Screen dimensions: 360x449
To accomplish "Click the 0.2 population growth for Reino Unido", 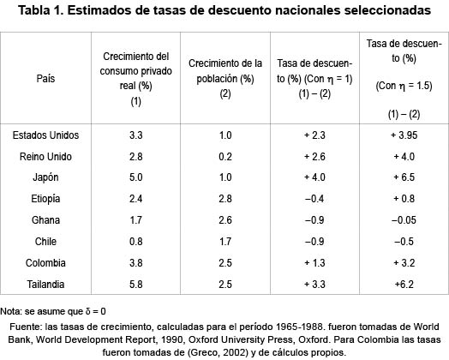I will pos(224,157).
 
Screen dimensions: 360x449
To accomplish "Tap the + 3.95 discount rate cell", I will pos(403,135).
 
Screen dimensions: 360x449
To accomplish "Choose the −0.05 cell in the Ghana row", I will pos(403,219).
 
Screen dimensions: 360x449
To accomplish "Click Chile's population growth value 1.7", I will pos(224,240).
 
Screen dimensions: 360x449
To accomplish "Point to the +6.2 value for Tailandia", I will pos(403,282).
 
